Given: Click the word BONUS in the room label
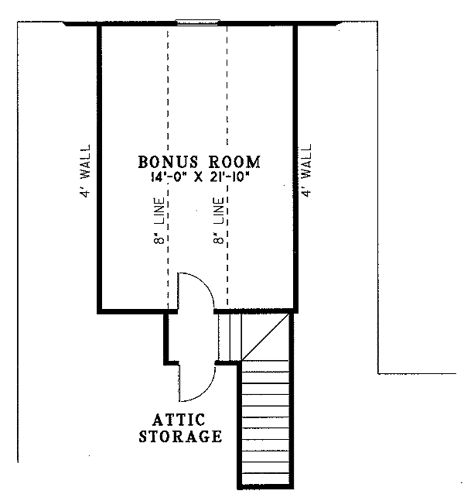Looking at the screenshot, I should (x=166, y=163).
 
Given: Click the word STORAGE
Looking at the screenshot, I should (x=180, y=437).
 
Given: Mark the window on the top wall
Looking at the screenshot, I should (x=198, y=22).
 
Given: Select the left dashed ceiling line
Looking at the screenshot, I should (x=167, y=116).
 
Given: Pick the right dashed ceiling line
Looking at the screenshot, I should (x=227, y=116).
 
